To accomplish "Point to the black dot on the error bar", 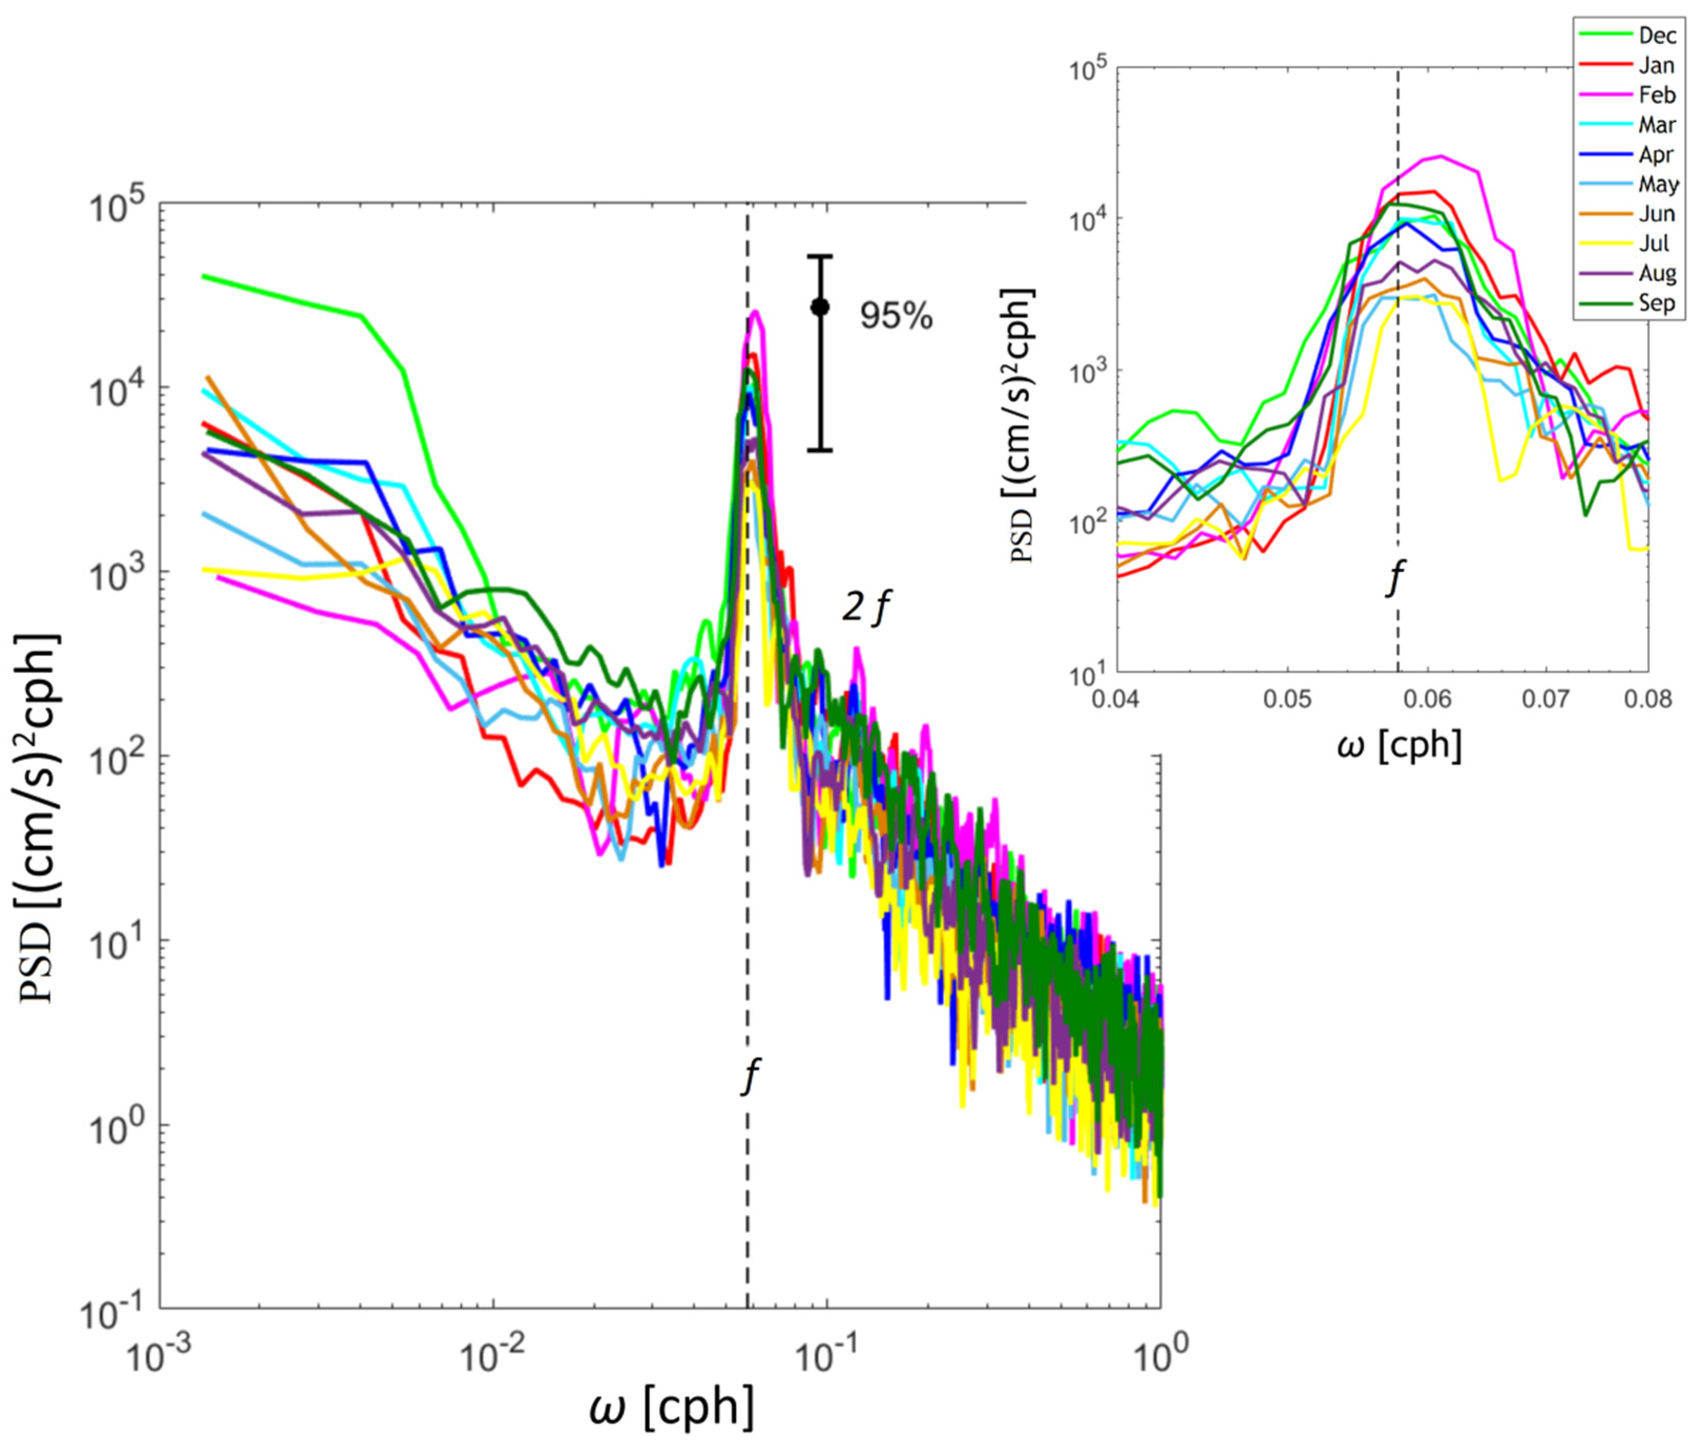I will click(x=820, y=307).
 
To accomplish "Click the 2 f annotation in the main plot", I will click(x=866, y=608).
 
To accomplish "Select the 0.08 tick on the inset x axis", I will click(x=1647, y=699).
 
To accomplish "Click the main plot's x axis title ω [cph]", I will click(x=671, y=1407).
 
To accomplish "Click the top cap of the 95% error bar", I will click(x=820, y=256).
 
